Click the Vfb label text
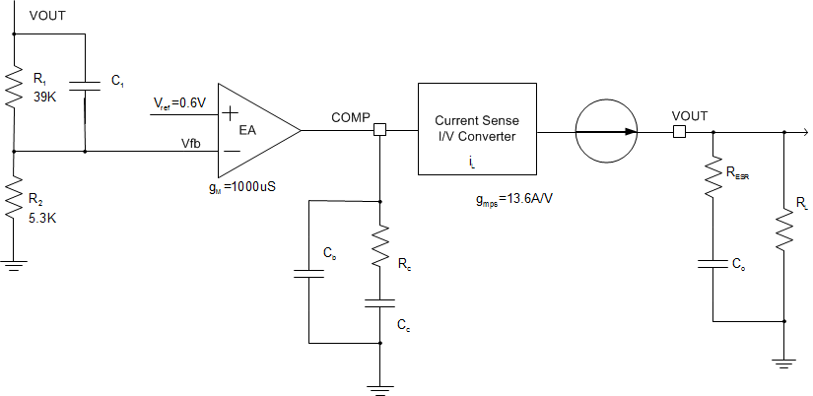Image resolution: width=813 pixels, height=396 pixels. click(189, 143)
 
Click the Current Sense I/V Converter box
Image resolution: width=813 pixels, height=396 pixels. click(477, 128)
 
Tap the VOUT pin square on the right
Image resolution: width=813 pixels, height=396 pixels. click(678, 130)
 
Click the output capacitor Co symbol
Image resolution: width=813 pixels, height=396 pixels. click(712, 264)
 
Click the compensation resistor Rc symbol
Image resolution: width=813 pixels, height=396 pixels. click(380, 249)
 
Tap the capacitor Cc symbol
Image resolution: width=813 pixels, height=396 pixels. click(380, 305)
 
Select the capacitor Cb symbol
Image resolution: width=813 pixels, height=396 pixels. click(309, 273)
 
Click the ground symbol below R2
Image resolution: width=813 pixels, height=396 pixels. click(15, 263)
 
